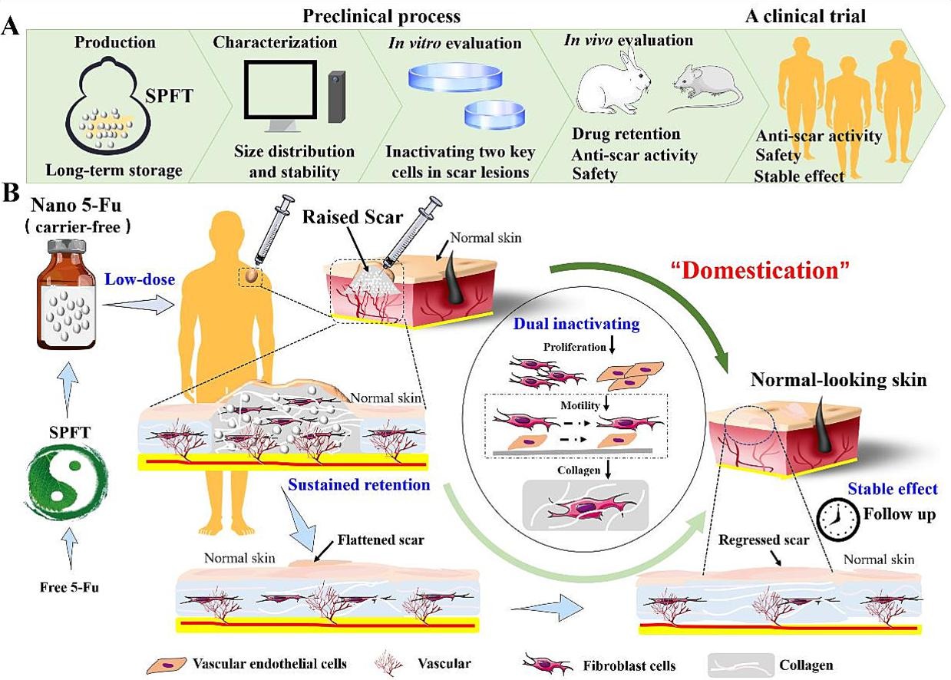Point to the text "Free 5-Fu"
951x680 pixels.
68,589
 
